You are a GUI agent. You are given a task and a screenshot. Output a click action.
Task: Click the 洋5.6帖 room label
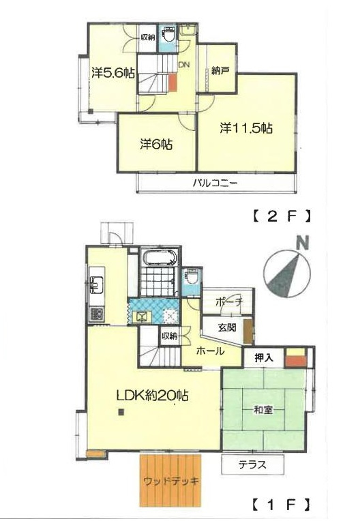coord(113,73)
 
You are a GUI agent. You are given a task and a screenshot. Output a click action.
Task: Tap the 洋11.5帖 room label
coord(246,128)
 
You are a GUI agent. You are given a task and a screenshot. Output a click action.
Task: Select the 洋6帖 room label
coord(156,144)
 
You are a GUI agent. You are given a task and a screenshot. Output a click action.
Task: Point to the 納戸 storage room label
coord(219,71)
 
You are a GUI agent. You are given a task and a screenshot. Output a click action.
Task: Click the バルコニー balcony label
coord(215,183)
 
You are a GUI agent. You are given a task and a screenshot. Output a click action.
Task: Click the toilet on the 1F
coord(192,276)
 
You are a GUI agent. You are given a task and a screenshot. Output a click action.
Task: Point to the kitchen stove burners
coord(97,314)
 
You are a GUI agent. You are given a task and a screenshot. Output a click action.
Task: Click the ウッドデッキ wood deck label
coord(171,481)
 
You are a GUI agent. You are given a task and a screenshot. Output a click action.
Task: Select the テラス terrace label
coord(252,464)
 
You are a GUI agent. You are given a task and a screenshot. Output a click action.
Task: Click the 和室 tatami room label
coord(263,410)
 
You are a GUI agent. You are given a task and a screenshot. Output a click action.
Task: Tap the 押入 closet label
coord(264,357)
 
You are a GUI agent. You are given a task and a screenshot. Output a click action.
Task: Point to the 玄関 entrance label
coord(227,327)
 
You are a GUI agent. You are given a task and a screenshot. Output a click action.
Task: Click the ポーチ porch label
coord(230,301)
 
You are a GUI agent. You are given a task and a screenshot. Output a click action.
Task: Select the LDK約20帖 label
coord(153,396)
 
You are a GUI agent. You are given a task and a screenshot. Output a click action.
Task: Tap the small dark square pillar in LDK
coord(121,413)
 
